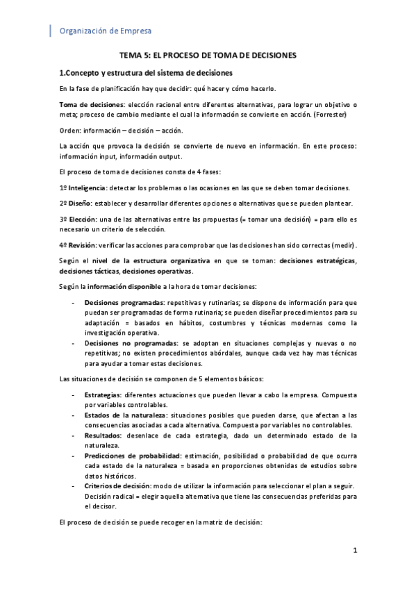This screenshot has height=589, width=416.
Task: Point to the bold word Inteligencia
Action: coord(87,188)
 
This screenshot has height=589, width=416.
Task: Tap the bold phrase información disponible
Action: coord(122,287)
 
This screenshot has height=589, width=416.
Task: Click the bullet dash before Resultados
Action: coord(74,435)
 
